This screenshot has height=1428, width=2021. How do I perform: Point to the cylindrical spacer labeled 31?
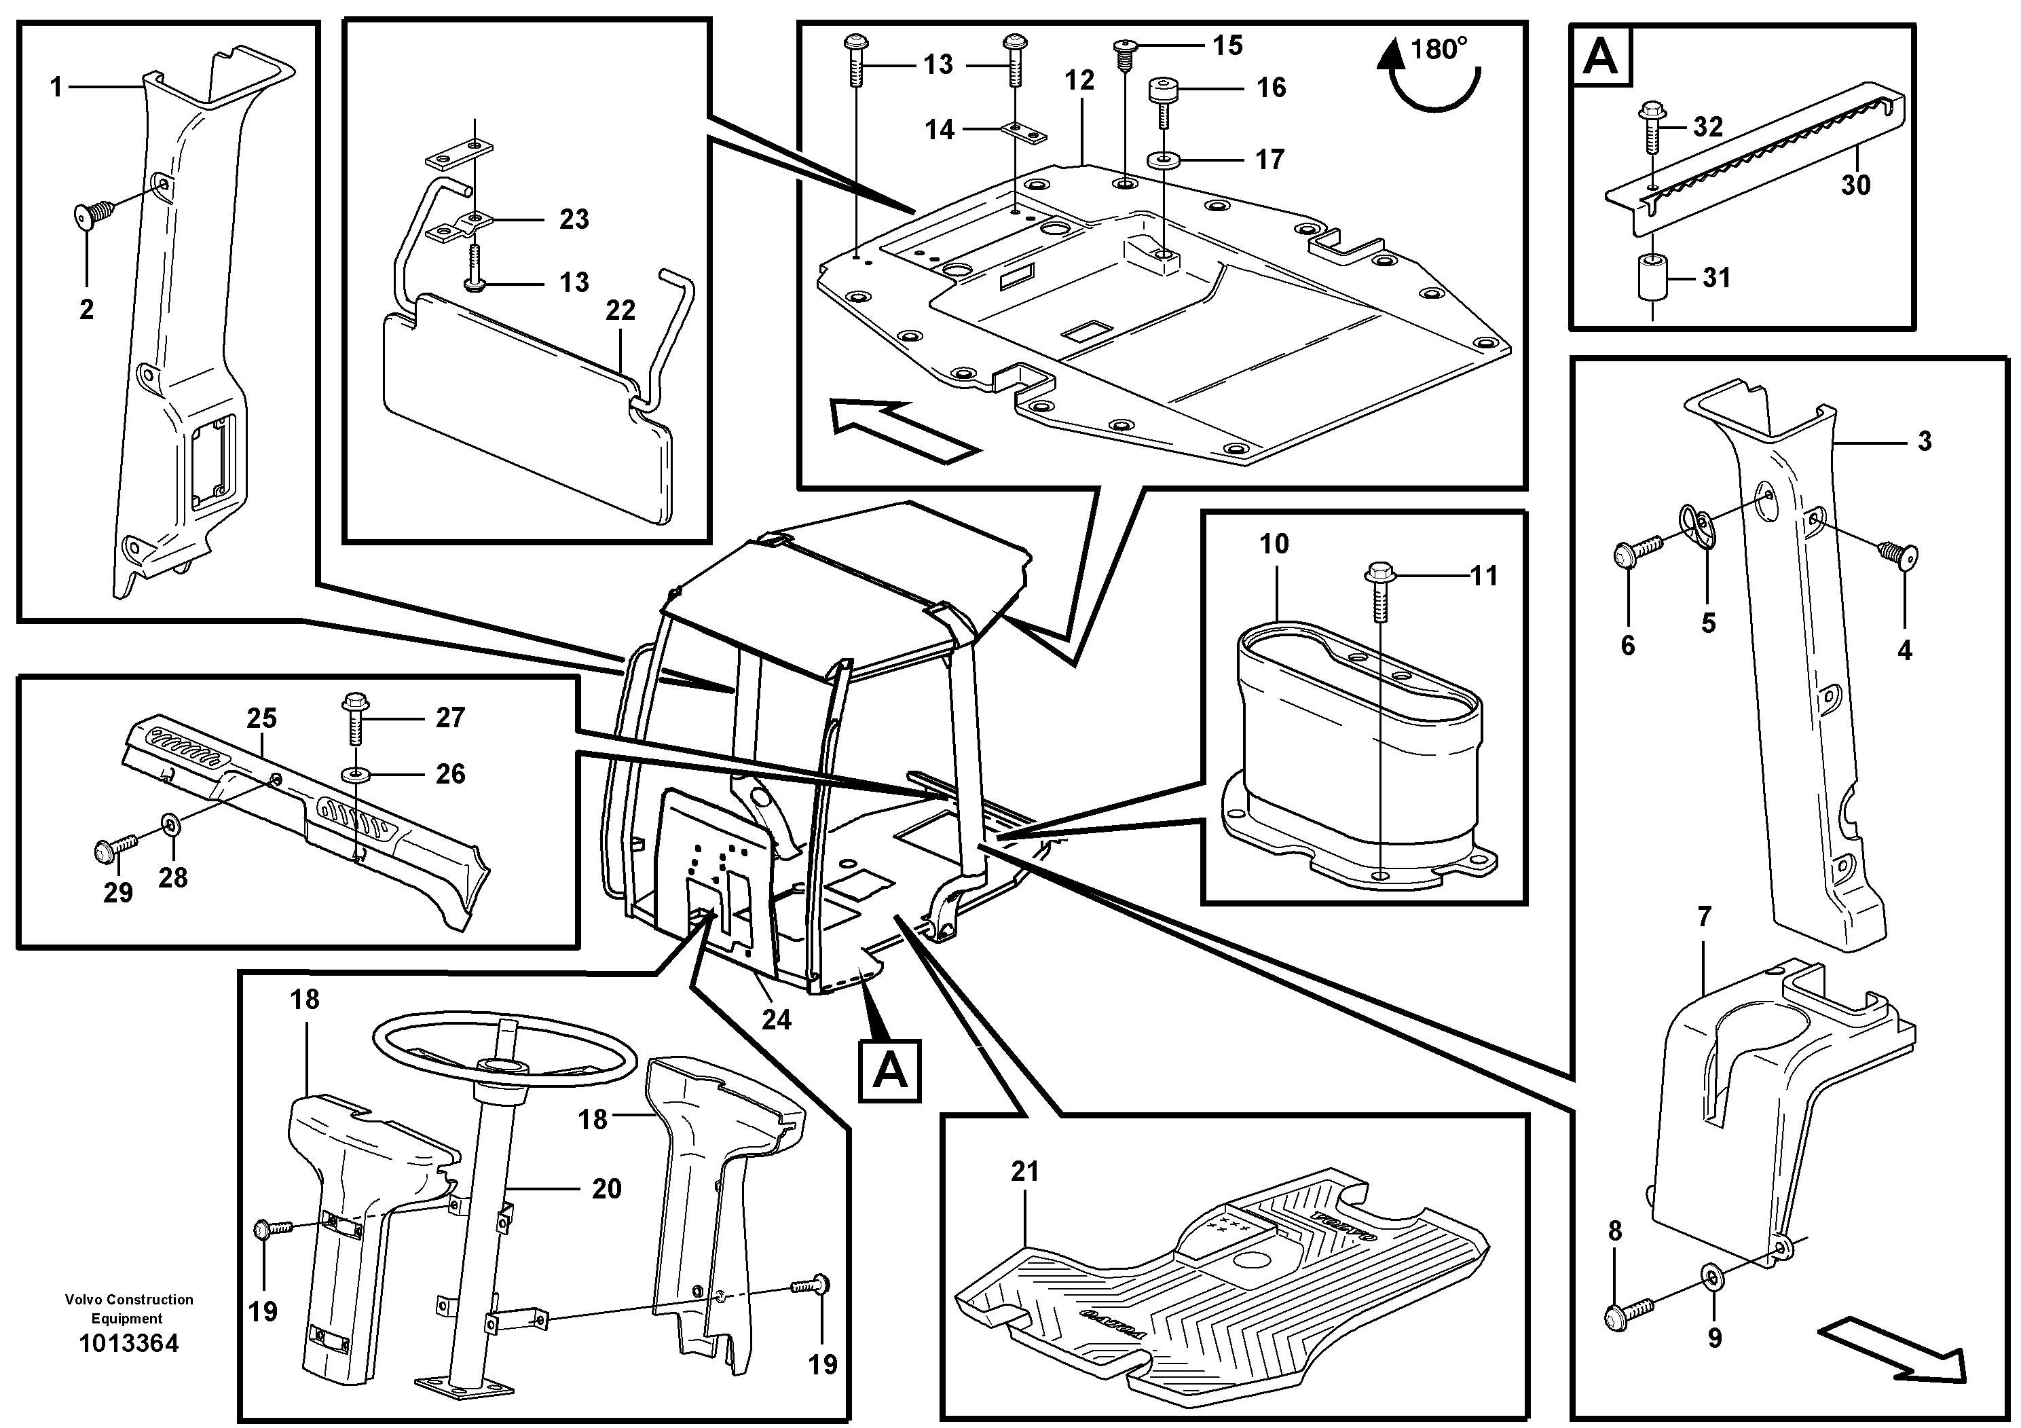click(x=1652, y=278)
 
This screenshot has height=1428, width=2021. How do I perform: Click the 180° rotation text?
click(x=1439, y=50)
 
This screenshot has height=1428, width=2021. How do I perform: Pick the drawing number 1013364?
click(x=128, y=1344)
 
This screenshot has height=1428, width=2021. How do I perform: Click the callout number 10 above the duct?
click(x=1274, y=544)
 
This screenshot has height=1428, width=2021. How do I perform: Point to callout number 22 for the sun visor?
click(x=620, y=310)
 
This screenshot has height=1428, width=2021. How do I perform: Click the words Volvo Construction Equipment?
click(x=128, y=1308)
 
